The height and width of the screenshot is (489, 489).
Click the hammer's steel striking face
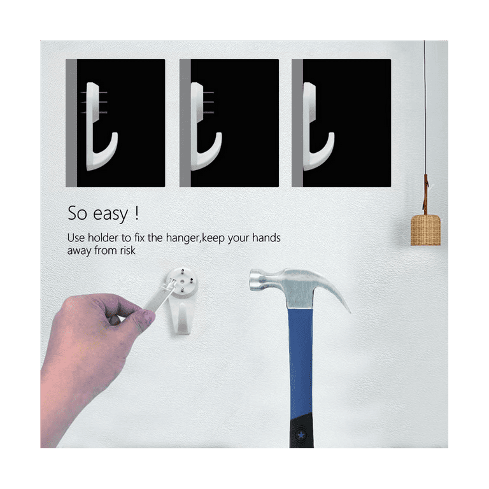pos(253,280)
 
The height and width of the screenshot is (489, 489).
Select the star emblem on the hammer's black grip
pos(301,434)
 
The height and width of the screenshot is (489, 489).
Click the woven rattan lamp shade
pos(425,230)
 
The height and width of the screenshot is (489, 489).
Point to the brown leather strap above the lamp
pos(425,194)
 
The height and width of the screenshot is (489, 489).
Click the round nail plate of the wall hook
pos(181,281)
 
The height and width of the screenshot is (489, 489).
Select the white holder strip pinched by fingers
pos(159,297)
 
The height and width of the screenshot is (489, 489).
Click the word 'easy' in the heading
pos(110,214)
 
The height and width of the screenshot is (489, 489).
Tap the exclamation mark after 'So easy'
pos(136,213)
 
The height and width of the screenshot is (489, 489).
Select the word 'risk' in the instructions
pos(127,250)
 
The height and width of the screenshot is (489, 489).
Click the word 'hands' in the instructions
pos(266,237)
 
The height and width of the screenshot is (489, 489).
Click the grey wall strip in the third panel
pos(297,123)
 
